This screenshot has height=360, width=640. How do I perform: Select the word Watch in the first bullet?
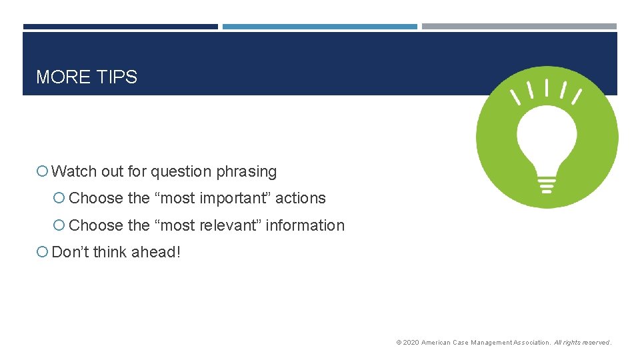[x=74, y=171]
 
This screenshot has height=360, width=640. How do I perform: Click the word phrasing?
[x=246, y=171]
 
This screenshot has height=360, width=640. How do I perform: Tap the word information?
[x=305, y=225]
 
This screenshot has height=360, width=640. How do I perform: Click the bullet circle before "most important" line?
[x=60, y=199]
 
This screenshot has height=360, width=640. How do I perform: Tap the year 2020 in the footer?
[x=411, y=343]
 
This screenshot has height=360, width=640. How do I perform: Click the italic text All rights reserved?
[x=582, y=343]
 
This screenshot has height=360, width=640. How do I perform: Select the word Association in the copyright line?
[x=531, y=343]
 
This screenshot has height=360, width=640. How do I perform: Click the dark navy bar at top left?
[x=120, y=27]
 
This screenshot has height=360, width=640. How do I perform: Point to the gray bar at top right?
[x=519, y=27]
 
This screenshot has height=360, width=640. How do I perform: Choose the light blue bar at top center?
[x=319, y=27]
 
